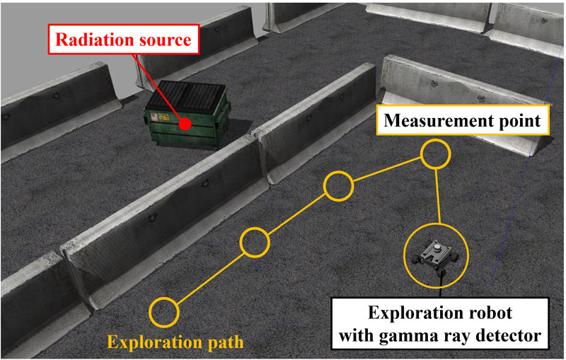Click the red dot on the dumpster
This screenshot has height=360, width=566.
[x=185, y=124]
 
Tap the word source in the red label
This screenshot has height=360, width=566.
[x=166, y=40]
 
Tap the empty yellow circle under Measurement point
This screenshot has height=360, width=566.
[x=434, y=154]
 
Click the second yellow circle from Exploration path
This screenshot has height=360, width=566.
[x=255, y=242]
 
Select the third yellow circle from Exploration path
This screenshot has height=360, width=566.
[x=338, y=185]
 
